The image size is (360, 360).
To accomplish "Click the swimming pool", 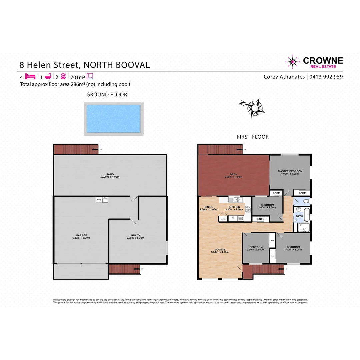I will point(113,119).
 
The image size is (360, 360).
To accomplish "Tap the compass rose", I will point(255,107).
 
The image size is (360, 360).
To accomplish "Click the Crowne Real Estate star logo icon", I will point(293,62).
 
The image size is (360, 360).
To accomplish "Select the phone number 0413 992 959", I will point(327,77).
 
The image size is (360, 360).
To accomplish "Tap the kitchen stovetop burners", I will point(248,209).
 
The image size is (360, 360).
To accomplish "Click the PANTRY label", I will point(223,219).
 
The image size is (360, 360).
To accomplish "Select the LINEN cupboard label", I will point(261,219).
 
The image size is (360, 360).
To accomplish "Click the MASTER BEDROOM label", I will point(290,171).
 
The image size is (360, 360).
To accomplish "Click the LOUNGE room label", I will point(220,249).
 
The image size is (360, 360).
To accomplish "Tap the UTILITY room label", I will point(138,235).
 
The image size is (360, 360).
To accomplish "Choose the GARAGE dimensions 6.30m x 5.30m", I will point(81,238).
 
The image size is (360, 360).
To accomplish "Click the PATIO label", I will point(110,174).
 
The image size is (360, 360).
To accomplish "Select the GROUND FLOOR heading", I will point(107,95).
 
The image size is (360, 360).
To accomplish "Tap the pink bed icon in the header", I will point(30,76).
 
